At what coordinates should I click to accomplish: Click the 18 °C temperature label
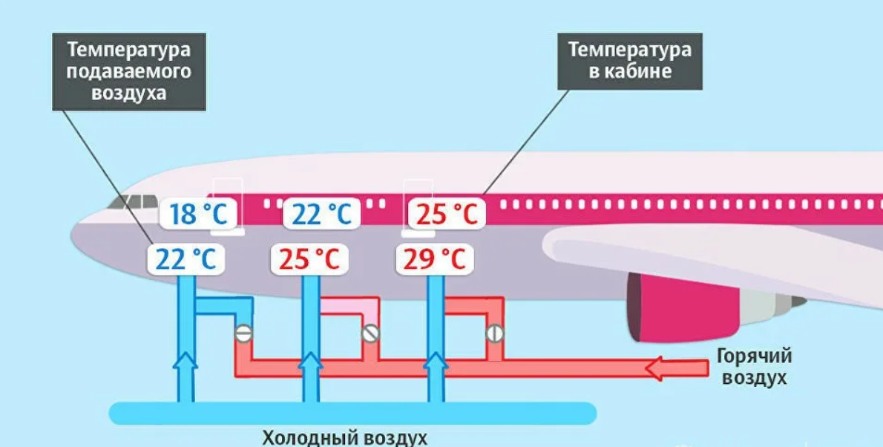coord(198,215)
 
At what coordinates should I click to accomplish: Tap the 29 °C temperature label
coord(434,259)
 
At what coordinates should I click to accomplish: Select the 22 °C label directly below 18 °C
coord(186,259)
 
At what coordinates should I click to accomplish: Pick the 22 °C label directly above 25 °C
coord(321,215)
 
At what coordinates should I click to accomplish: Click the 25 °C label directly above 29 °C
coord(446,215)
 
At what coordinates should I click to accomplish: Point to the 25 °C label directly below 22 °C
coord(309,259)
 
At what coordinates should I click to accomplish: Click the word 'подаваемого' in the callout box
coord(129,72)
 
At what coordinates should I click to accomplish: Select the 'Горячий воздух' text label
coord(754,366)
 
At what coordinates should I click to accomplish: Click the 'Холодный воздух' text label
coord(346,437)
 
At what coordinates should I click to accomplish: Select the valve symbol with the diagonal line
coord(371,333)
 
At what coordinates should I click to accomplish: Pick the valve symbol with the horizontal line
coord(243,333)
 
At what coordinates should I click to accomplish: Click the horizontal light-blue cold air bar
coord(352,413)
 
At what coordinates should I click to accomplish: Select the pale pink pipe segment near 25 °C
coord(346,305)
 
